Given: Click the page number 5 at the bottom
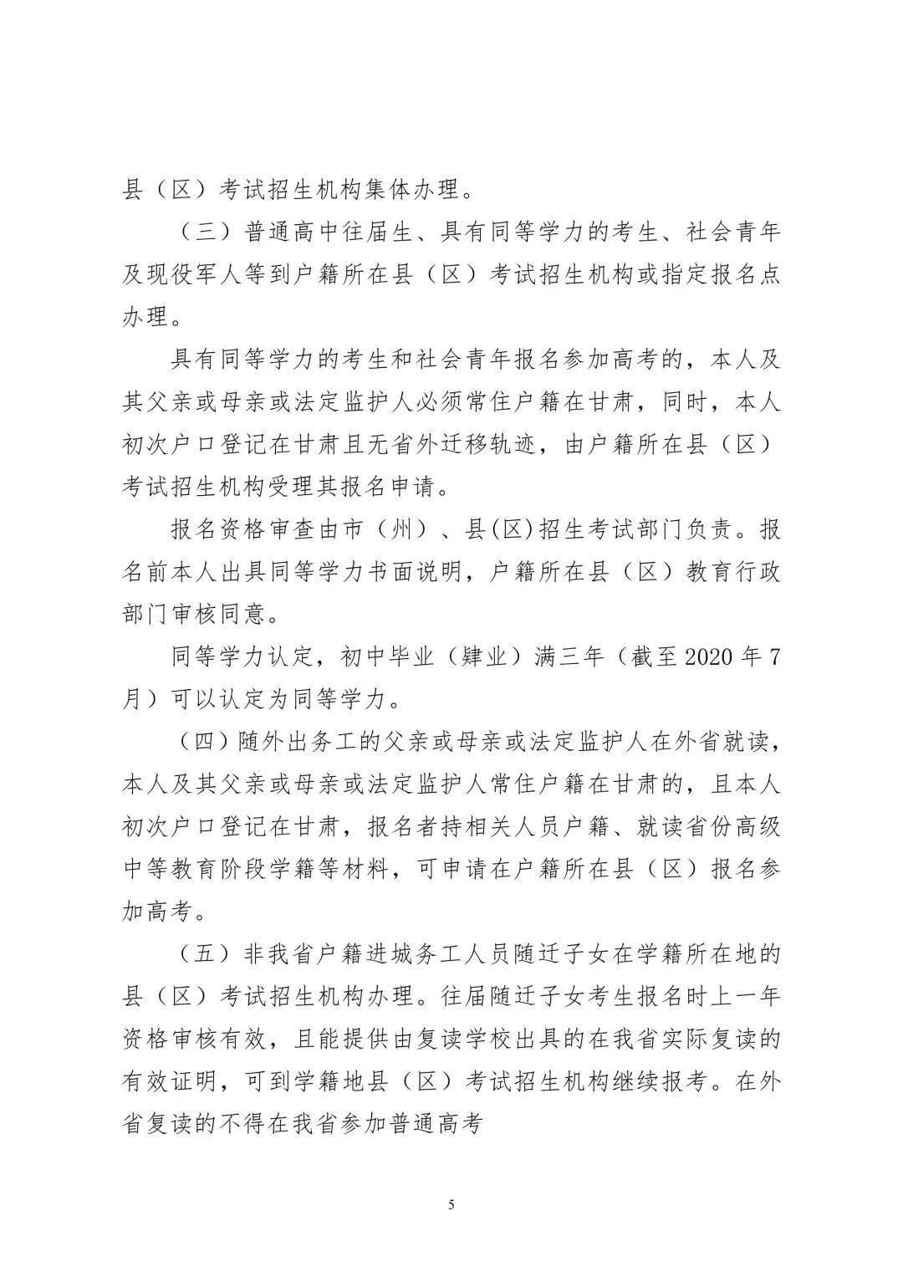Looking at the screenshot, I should (451, 1205).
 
